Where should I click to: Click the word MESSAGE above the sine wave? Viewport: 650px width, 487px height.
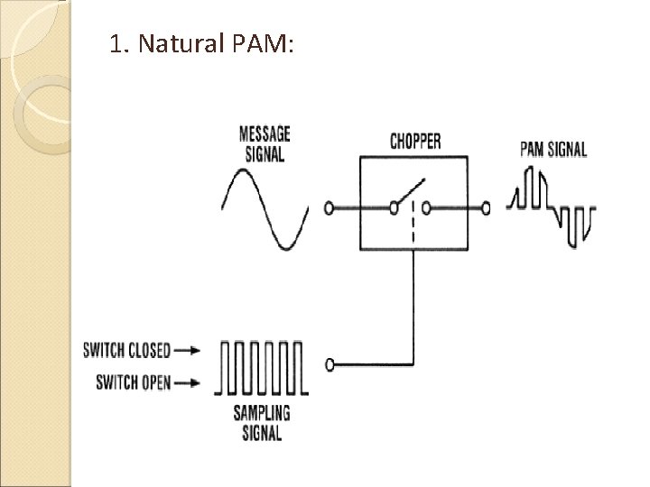(x=265, y=133)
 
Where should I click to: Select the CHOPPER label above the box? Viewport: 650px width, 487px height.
(x=414, y=142)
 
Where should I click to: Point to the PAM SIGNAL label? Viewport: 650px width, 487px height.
(x=553, y=150)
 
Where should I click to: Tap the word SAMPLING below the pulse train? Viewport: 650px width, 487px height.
(x=262, y=415)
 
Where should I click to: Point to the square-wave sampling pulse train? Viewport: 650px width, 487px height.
(x=262, y=367)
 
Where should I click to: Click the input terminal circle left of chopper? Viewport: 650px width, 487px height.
(x=329, y=208)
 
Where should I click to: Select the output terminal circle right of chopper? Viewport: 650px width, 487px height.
(x=486, y=208)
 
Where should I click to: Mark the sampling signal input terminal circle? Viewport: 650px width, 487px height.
(x=330, y=364)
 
